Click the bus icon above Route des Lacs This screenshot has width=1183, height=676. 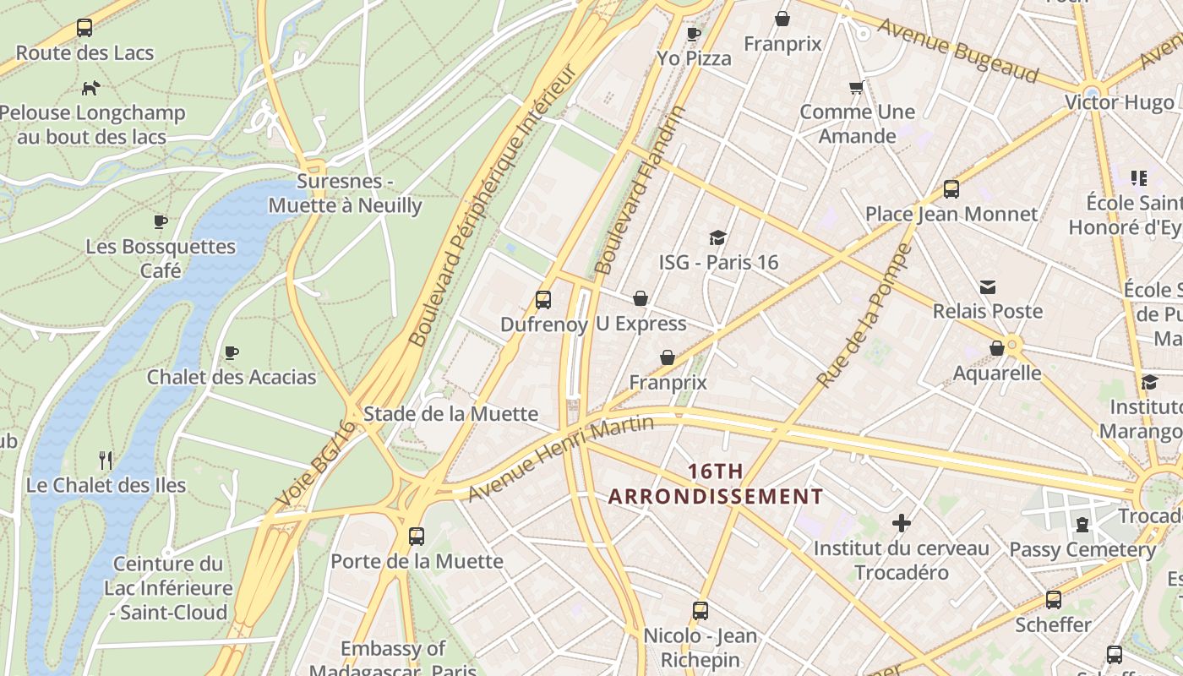coord(84,28)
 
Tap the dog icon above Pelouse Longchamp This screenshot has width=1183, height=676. coord(90,88)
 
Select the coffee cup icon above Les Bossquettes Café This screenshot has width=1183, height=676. coord(161,222)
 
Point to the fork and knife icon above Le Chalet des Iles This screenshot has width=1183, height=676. coord(106,461)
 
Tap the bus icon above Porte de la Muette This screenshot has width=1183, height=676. coord(416,536)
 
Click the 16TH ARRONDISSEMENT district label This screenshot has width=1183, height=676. coord(715,483)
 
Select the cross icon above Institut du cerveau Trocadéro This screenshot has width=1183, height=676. coord(902,523)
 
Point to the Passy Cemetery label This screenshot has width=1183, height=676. coord(1082,549)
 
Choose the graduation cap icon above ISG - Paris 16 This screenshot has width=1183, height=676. coord(717,237)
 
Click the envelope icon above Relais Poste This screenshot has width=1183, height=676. coord(987,287)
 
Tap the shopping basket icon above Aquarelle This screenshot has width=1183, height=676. coord(997,348)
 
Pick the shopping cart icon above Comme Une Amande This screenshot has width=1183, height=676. coord(857,88)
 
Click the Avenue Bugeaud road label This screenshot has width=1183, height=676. coord(957,51)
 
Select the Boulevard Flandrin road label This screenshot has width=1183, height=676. coord(640,191)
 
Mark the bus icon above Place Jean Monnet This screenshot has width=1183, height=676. coord(951,189)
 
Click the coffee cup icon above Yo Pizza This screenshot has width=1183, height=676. coord(694,35)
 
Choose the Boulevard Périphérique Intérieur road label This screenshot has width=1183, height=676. coord(492,206)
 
